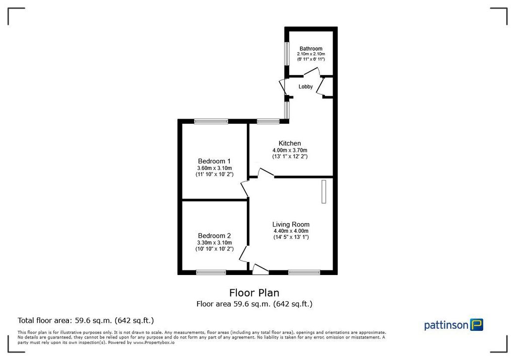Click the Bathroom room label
pos(311,48)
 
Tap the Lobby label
pos(306,86)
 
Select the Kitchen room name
pos(290,143)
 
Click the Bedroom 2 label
pos(214,236)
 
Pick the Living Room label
pos(291,224)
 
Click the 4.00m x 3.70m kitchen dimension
pos(290,150)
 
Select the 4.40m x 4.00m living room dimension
pos(291,231)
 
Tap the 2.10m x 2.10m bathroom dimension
pos(311,54)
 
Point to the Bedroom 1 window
pos(211,121)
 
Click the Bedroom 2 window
pos(211,273)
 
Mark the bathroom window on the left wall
pos(286,53)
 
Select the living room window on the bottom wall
pos(304,273)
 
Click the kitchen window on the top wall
pos(268,121)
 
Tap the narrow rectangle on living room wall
pos(324,192)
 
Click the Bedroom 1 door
pos(244,188)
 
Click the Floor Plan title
pos(254,293)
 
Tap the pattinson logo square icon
pos(476,325)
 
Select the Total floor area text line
pos(85,320)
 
